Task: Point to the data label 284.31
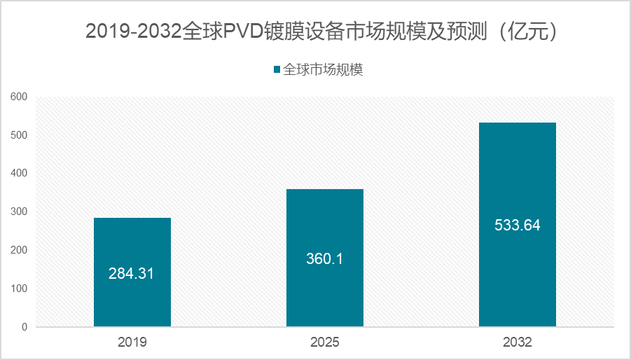pos(131,273)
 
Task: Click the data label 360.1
pos(324,258)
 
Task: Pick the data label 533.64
pos(517,226)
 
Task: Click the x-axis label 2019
pos(132,342)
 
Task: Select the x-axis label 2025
pos(324,342)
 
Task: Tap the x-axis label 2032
pos(517,342)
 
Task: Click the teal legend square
pos(277,69)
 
